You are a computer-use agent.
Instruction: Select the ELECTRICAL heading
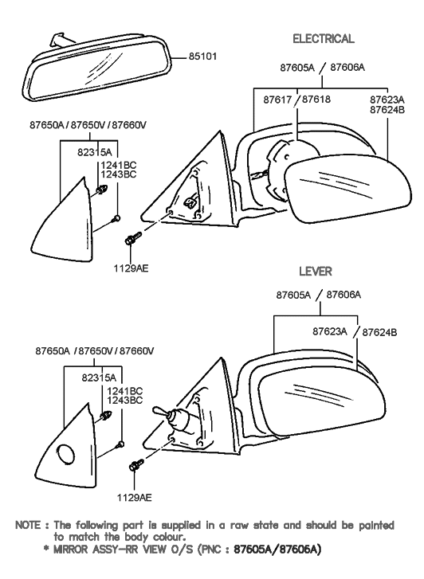point(323,39)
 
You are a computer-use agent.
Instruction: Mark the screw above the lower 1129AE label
point(135,466)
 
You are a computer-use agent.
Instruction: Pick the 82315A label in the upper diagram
point(95,151)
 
